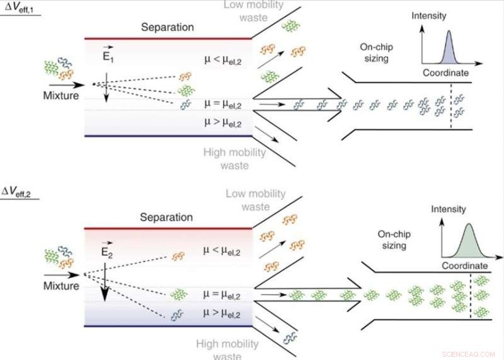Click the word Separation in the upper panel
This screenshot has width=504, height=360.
168,28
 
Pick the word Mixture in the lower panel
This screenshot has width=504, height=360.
61,285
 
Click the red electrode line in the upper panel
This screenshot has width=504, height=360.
168,38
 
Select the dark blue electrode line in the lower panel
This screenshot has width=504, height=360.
168,326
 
